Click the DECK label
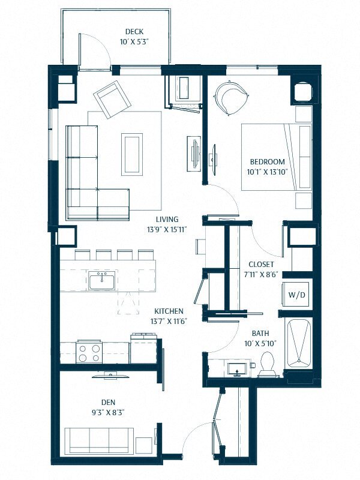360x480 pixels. pos(134,32)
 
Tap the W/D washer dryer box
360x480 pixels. pos(296,295)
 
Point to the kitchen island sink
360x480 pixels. pos(103,280)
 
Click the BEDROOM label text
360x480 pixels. pos(267,161)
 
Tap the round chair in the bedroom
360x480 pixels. pos(230,96)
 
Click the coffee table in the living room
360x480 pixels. pos(132,154)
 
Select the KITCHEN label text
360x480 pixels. pos(169,311)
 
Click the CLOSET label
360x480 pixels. pos(261,264)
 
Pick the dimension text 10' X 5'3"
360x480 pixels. pos(134,42)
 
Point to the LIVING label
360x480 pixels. pos(167,220)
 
